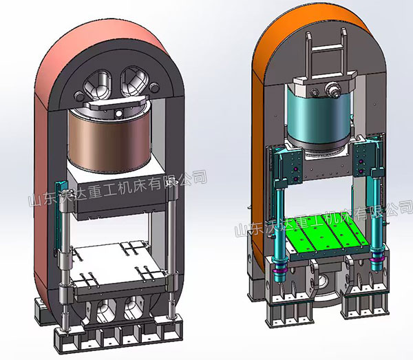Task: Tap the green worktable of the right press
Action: click(326, 234)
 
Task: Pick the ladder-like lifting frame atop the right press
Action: click(327, 54)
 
